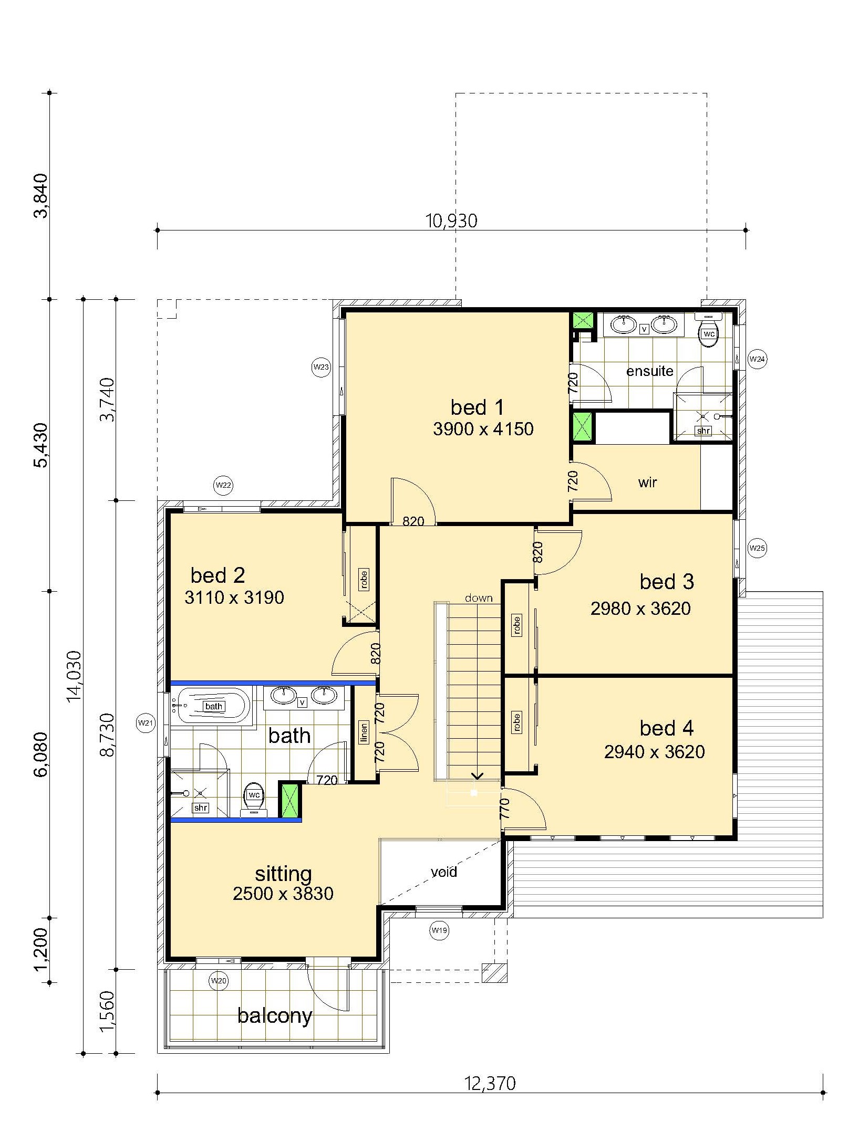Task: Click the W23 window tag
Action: tap(321, 367)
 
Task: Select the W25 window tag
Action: tap(757, 548)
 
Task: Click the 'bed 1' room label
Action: tap(477, 407)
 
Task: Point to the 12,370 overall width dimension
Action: tap(490, 1083)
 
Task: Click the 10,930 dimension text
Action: tap(451, 221)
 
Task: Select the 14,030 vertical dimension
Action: tap(75, 676)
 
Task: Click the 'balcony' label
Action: tap(275, 1015)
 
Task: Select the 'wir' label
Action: tap(648, 483)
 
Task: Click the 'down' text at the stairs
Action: tap(479, 598)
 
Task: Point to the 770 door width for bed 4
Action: tap(505, 809)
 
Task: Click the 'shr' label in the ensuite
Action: tap(703, 431)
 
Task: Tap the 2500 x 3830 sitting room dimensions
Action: tap(283, 894)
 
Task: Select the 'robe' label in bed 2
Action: tap(364, 579)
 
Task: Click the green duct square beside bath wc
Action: tap(289, 800)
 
